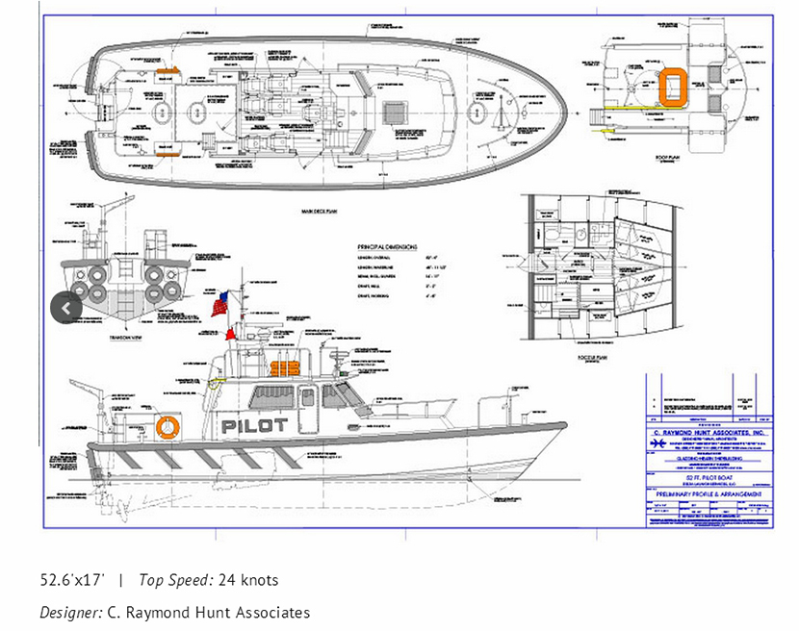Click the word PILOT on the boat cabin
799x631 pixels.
coord(254,424)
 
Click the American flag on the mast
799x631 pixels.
coord(221,307)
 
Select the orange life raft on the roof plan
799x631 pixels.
coord(671,84)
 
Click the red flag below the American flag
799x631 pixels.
coord(231,335)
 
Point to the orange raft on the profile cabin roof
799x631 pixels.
coord(284,368)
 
